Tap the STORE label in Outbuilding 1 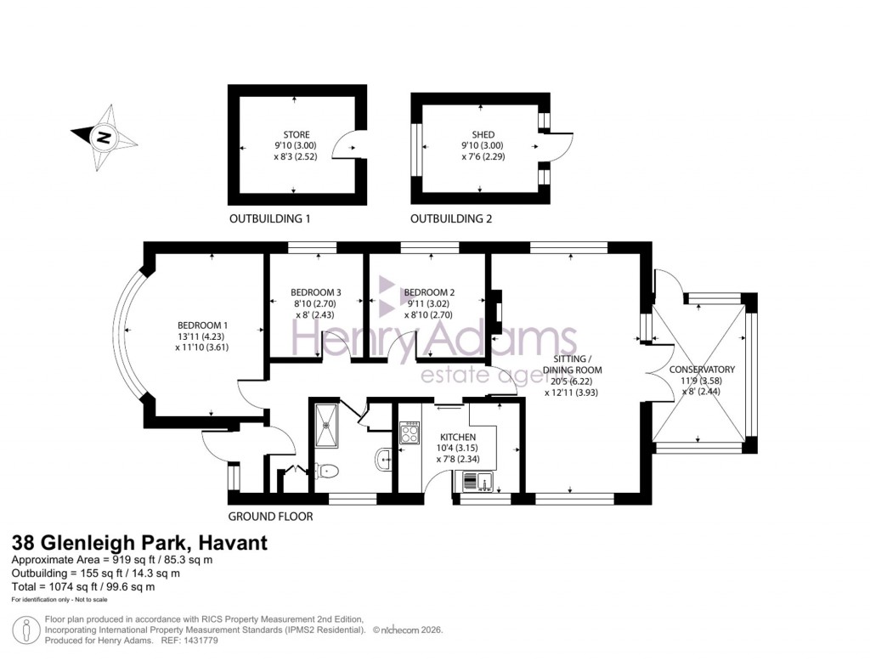(x=297, y=134)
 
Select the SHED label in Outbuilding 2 (x=483, y=134)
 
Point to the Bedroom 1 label (x=202, y=325)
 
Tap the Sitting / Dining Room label (x=573, y=364)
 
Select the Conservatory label (x=702, y=370)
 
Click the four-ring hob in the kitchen (x=410, y=433)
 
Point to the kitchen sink (x=480, y=483)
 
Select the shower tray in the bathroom (x=325, y=424)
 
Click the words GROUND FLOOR (x=270, y=517)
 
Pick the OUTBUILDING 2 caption (x=451, y=219)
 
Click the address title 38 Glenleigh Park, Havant (x=138, y=543)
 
